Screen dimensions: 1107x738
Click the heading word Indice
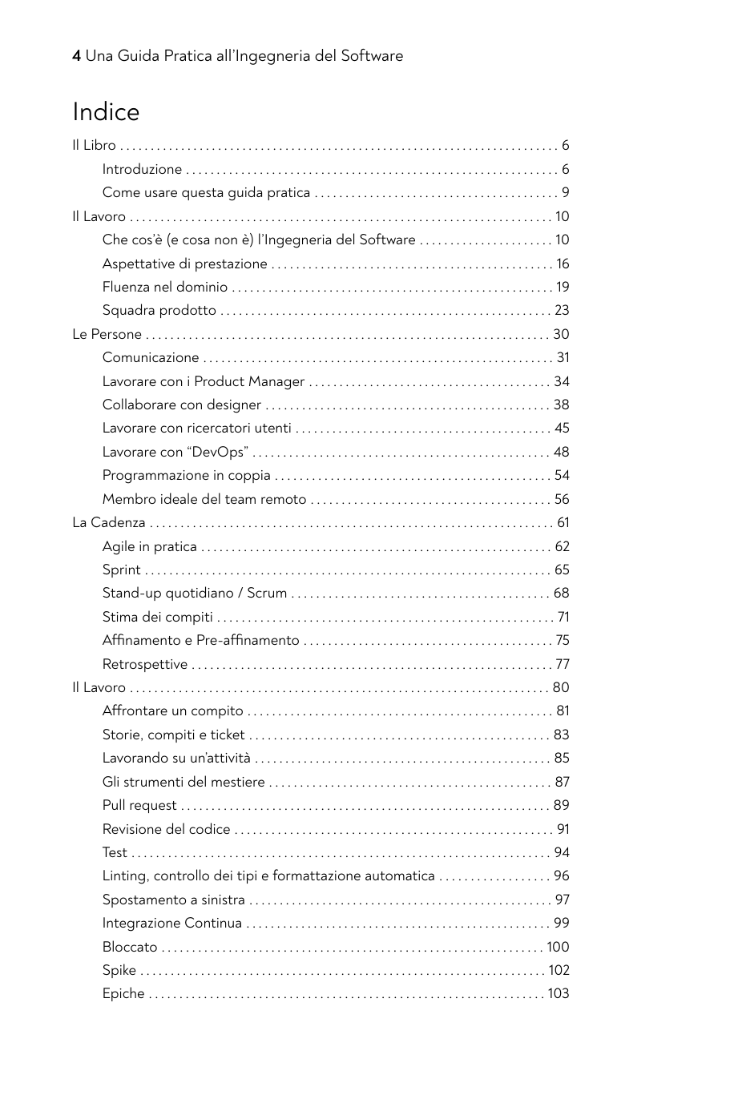click(106, 112)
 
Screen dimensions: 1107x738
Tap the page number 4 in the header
click(76, 56)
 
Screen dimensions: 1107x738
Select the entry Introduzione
click(142, 169)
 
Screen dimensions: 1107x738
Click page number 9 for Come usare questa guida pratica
click(565, 192)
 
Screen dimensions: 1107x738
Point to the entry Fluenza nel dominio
click(165, 287)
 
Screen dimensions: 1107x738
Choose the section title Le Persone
click(107, 334)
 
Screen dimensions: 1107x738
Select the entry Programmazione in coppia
click(186, 475)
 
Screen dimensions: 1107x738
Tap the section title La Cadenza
click(109, 522)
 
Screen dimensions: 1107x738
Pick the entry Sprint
click(121, 570)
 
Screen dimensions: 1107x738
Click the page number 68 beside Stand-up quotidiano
click(561, 593)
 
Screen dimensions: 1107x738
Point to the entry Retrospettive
click(145, 664)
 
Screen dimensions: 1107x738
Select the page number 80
click(561, 687)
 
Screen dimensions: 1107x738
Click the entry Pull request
click(139, 805)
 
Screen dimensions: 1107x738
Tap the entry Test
click(115, 852)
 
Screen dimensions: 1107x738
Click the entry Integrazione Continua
click(172, 923)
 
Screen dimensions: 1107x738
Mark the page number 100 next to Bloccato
click(558, 947)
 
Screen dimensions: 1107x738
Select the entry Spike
click(119, 970)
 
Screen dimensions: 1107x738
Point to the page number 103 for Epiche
click(558, 993)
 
